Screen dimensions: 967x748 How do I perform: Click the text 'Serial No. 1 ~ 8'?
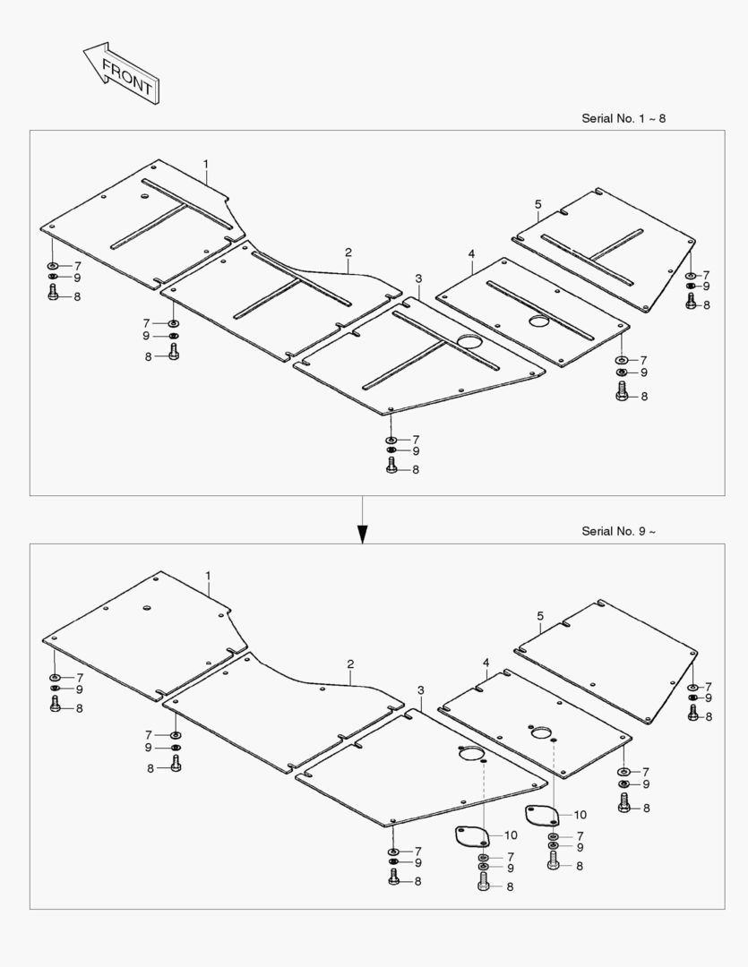tap(623, 118)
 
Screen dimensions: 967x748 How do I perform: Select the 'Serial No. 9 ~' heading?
tap(618, 531)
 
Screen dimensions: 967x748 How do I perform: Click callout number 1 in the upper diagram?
tap(205, 164)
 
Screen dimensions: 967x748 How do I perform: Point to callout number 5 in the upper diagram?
tap(537, 204)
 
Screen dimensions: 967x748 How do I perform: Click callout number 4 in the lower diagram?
tap(486, 663)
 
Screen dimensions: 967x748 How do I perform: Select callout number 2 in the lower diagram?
tap(350, 663)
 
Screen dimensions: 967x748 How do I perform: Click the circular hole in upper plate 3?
tap(469, 341)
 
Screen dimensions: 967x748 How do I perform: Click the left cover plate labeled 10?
tap(469, 838)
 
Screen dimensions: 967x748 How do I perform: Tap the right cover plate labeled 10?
tap(541, 816)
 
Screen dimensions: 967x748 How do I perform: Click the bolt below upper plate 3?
tap(391, 466)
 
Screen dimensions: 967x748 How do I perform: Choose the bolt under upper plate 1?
tap(53, 295)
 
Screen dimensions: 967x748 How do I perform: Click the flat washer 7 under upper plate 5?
tap(691, 275)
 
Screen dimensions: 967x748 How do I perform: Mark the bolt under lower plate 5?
tap(692, 714)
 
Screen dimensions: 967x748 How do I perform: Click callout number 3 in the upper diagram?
tap(417, 278)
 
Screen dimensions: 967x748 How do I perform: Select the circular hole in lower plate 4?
tap(541, 733)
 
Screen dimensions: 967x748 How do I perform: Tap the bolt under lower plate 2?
tap(175, 766)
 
